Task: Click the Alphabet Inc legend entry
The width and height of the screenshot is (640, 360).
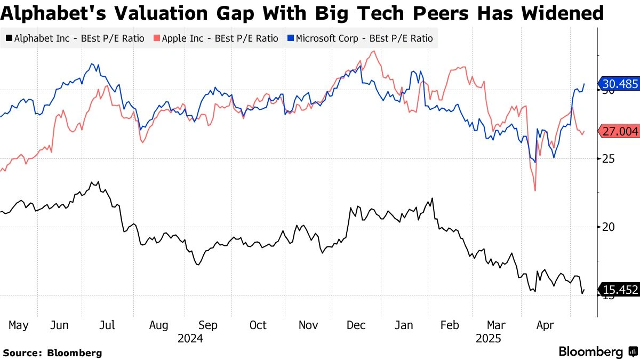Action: tap(75, 38)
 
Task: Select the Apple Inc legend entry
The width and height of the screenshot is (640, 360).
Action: tap(216, 38)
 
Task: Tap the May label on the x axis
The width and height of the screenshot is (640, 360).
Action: tap(19, 325)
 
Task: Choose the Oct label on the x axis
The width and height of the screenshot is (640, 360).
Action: tap(258, 325)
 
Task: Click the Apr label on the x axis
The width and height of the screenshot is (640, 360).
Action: tap(545, 325)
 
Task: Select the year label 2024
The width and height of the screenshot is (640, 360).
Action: tap(190, 338)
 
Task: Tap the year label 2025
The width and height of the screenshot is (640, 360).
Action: tap(488, 338)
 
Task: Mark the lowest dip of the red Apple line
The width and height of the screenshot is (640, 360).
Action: tap(534, 190)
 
